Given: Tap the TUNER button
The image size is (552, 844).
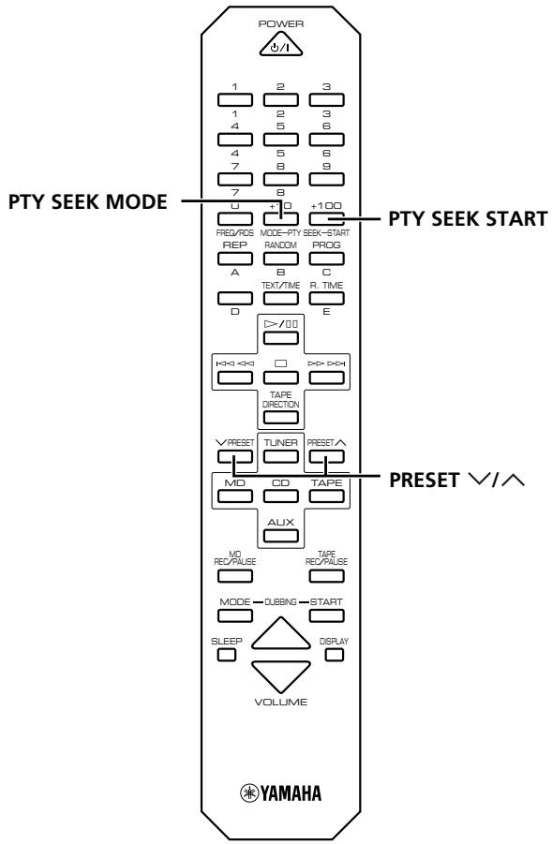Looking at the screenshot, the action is [x=280, y=456].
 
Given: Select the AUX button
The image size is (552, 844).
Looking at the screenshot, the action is [x=280, y=536].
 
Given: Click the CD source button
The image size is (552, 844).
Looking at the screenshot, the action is [x=280, y=496].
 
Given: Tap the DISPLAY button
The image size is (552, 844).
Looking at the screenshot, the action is [x=335, y=655].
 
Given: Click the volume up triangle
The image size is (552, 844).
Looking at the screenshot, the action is [x=280, y=635].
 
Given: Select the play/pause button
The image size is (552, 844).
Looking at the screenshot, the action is [x=280, y=338].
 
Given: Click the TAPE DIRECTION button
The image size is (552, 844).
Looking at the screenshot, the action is [x=280, y=417].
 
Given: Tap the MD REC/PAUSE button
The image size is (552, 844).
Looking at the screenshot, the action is [x=235, y=576].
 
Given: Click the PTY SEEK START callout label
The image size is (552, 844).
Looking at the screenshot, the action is [x=468, y=219].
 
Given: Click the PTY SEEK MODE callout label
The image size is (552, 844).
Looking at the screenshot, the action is [x=88, y=201].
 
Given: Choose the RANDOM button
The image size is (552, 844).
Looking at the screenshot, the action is [x=280, y=259].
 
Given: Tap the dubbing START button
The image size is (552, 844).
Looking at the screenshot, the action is [x=326, y=615].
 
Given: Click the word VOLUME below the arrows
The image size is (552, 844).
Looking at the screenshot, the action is [x=280, y=702].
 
